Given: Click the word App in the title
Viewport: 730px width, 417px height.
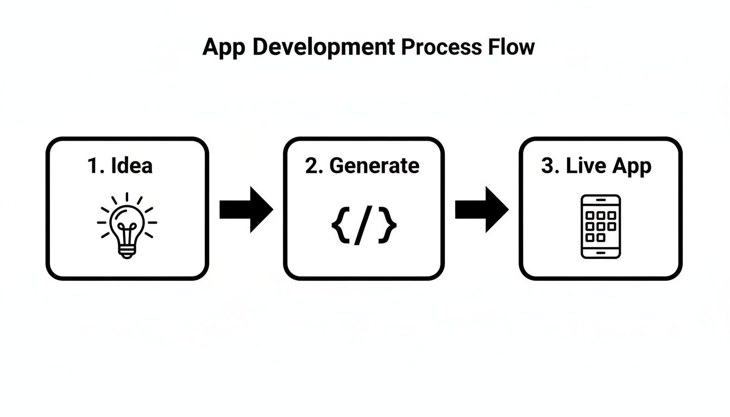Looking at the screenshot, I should click(224, 48).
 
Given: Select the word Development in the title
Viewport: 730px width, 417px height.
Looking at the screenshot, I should click(324, 48).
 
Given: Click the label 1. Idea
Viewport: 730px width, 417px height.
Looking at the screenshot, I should click(120, 166).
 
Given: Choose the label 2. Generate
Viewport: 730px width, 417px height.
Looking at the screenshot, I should click(362, 166).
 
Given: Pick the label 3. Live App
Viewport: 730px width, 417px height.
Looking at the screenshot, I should click(596, 166).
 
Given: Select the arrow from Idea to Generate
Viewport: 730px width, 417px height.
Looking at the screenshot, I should click(246, 210).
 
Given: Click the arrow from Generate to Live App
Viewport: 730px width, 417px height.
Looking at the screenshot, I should click(481, 210).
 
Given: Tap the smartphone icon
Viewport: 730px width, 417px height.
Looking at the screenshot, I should click(601, 226).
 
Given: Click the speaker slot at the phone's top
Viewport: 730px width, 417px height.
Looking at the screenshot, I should click(601, 200).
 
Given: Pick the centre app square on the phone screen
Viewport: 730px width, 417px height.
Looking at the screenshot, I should click(601, 226).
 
